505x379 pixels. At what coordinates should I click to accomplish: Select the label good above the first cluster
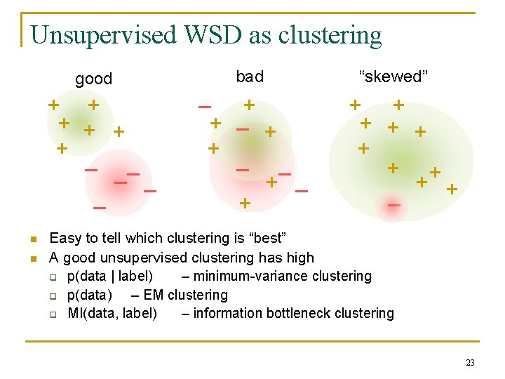(93, 79)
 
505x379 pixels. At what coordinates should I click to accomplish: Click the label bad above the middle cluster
(250, 76)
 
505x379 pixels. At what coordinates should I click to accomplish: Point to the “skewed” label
(391, 77)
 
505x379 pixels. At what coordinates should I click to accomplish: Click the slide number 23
(470, 363)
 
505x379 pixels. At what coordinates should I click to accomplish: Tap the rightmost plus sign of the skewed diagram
(452, 189)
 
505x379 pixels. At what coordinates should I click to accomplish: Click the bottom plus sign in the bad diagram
(244, 204)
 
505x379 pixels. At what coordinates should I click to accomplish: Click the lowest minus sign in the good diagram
(100, 208)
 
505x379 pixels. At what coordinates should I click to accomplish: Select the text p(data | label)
(110, 276)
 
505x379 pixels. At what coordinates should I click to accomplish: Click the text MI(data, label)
(112, 313)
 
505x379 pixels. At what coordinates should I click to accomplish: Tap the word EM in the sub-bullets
(154, 295)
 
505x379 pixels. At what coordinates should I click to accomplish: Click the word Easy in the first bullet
(65, 239)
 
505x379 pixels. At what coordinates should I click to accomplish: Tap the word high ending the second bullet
(298, 258)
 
